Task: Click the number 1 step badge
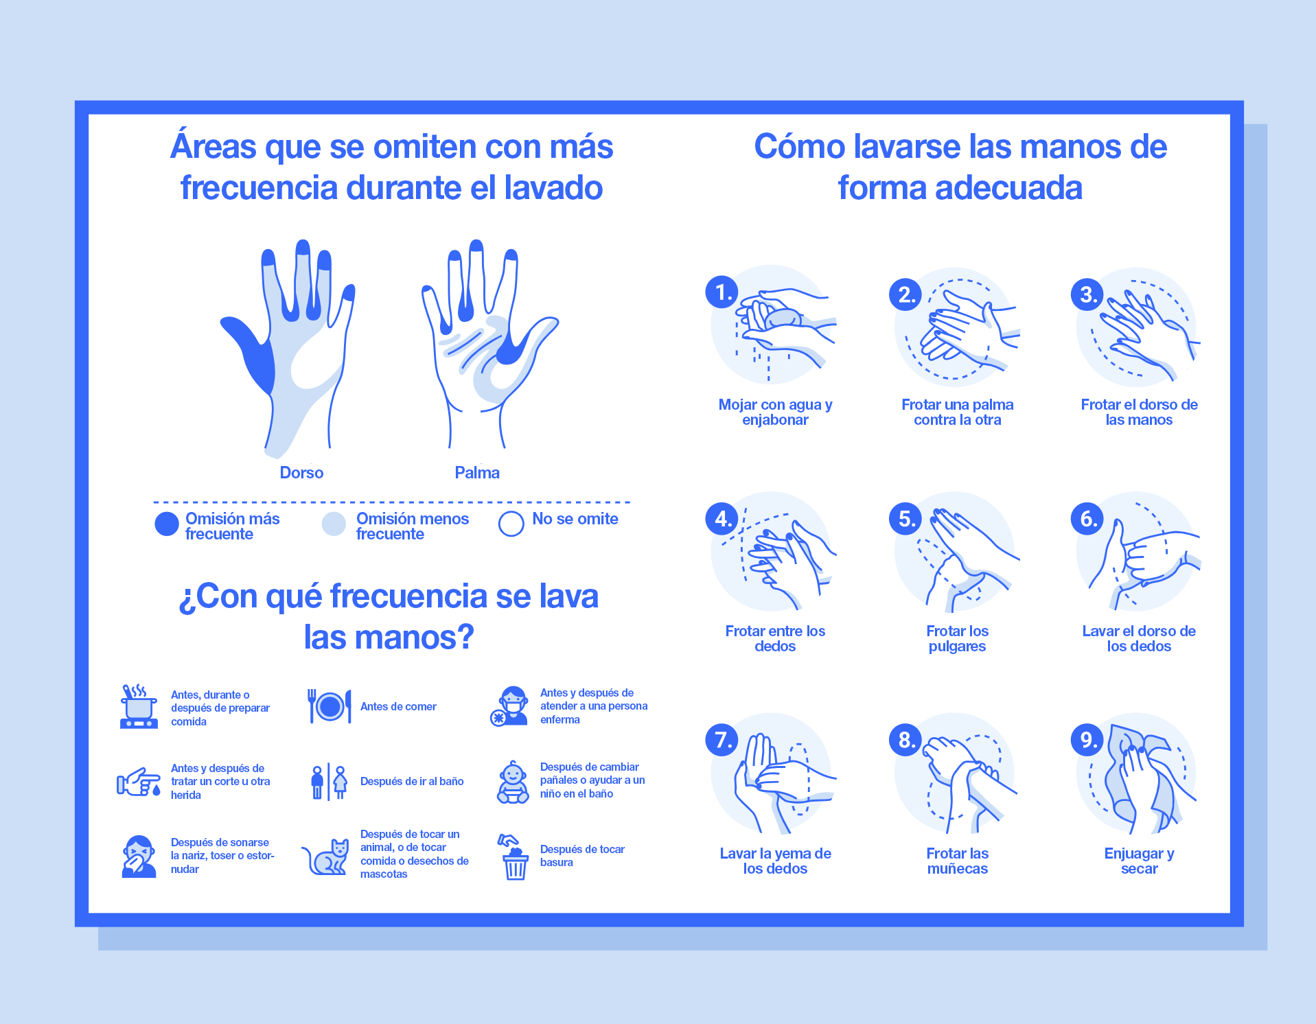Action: [x=722, y=292]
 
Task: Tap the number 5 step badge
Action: [x=905, y=519]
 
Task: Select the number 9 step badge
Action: [x=1087, y=740]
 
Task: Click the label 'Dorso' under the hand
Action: [x=301, y=472]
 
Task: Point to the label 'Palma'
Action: [x=477, y=472]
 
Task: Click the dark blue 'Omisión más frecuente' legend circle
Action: [x=167, y=524]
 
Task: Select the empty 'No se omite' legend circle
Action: [x=511, y=524]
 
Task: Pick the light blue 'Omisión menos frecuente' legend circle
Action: [x=334, y=524]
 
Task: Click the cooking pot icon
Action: [x=139, y=706]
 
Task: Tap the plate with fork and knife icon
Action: [x=330, y=706]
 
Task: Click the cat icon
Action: [x=327, y=857]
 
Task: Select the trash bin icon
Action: [x=514, y=858]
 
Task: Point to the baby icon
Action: [x=513, y=782]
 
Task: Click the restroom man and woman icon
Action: [x=328, y=782]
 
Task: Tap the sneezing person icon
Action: [x=139, y=857]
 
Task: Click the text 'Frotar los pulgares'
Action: [x=957, y=638]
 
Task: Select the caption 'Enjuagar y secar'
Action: [x=1139, y=861]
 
